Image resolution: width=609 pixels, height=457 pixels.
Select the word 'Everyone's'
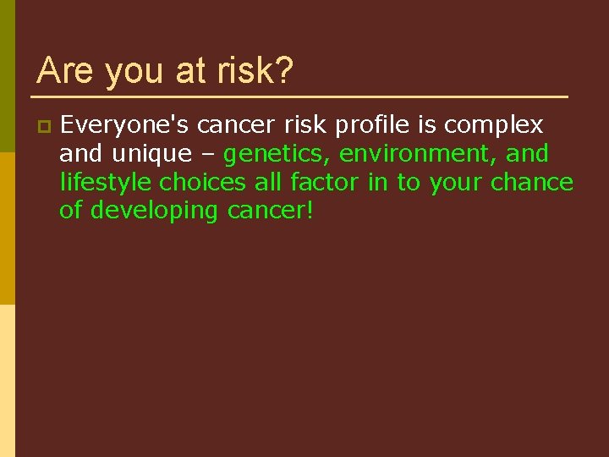pyautogui.click(x=124, y=125)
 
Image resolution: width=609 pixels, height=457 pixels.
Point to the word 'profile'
pyautogui.click(x=372, y=125)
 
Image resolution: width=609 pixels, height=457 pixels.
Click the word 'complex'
pyautogui.click(x=494, y=126)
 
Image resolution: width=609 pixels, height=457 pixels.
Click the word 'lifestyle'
pyautogui.click(x=106, y=182)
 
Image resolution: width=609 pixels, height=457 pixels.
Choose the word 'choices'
pyautogui.click(x=204, y=182)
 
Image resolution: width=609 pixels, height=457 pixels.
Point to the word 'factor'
pyautogui.click(x=325, y=182)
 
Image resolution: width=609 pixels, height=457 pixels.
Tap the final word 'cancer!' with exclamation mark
pyautogui.click(x=271, y=210)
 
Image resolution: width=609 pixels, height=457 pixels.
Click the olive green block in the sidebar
pyautogui.click(x=7, y=76)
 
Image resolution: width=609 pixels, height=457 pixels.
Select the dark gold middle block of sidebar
pyautogui.click(x=7, y=228)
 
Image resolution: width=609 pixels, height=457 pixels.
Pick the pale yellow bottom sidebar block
pyautogui.click(x=7, y=381)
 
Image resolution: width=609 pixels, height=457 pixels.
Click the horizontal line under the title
pyautogui.click(x=302, y=96)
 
